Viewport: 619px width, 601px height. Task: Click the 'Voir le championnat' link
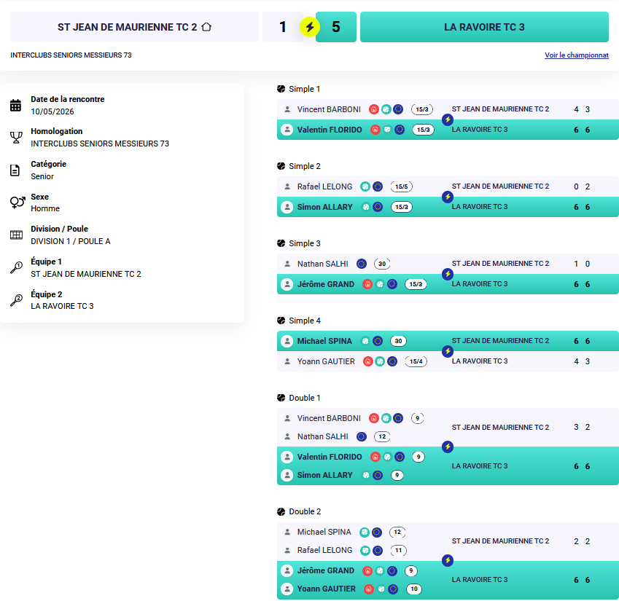click(577, 55)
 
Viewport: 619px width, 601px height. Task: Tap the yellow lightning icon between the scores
click(310, 27)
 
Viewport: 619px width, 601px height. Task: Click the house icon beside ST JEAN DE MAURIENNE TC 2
click(206, 27)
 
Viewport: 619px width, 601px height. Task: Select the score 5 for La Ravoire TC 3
click(336, 27)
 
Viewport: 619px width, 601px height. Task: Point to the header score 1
click(283, 27)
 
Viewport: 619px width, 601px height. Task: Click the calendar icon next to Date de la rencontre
click(16, 106)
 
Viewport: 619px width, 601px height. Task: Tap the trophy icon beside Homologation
click(16, 137)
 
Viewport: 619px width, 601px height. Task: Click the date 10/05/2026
click(52, 111)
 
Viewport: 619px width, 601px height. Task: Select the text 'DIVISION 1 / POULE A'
click(71, 241)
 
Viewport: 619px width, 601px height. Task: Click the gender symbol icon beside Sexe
click(17, 203)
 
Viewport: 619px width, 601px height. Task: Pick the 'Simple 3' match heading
click(305, 243)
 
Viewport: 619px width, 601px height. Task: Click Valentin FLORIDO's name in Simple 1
click(330, 130)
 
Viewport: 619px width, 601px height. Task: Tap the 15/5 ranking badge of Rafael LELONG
click(402, 186)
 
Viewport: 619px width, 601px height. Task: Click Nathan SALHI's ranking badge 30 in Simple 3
click(382, 264)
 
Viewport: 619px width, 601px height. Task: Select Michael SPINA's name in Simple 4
click(324, 341)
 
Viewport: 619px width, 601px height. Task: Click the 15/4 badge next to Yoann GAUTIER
click(416, 361)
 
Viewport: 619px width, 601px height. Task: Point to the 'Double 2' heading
click(305, 511)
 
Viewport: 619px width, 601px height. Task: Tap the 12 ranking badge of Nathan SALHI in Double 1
click(382, 436)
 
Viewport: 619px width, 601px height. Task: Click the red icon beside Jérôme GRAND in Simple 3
click(367, 284)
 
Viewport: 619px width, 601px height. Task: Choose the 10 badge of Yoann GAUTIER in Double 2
click(414, 589)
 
